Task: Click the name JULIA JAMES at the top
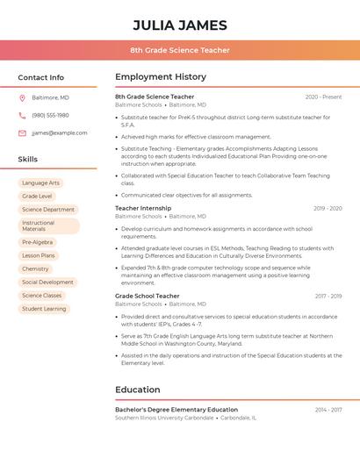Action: point(180,25)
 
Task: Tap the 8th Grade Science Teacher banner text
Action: point(180,50)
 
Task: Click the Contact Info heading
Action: point(40,77)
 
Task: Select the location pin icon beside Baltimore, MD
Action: point(22,97)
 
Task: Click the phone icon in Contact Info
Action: point(22,115)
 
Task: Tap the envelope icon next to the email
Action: point(22,132)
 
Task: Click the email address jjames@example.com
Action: point(59,132)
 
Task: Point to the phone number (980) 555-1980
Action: point(50,115)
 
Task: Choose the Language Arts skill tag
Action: point(41,183)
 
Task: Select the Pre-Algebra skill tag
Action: point(37,242)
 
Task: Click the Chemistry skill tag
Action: point(35,269)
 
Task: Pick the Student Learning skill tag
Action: point(44,309)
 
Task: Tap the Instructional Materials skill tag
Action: point(48,225)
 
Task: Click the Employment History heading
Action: point(161,77)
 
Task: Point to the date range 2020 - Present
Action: point(323,97)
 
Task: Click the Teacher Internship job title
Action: point(143,209)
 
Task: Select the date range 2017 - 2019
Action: point(328,297)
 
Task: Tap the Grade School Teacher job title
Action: point(147,297)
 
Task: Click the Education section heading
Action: point(138,390)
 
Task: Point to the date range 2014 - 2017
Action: point(328,410)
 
